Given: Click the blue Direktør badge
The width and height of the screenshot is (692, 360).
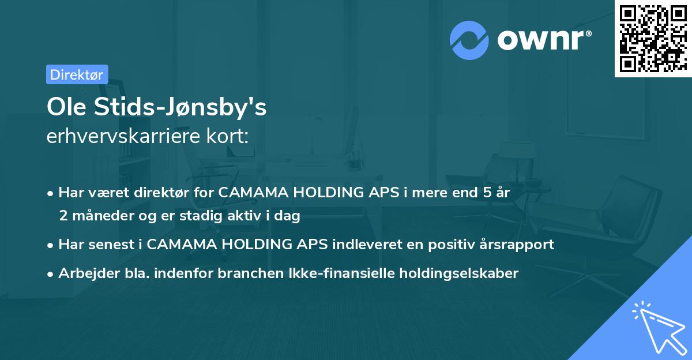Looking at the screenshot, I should pyautogui.click(x=77, y=74).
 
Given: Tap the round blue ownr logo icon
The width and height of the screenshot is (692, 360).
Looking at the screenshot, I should pyautogui.click(x=469, y=40).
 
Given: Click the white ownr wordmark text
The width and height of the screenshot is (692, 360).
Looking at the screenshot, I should pyautogui.click(x=542, y=40).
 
